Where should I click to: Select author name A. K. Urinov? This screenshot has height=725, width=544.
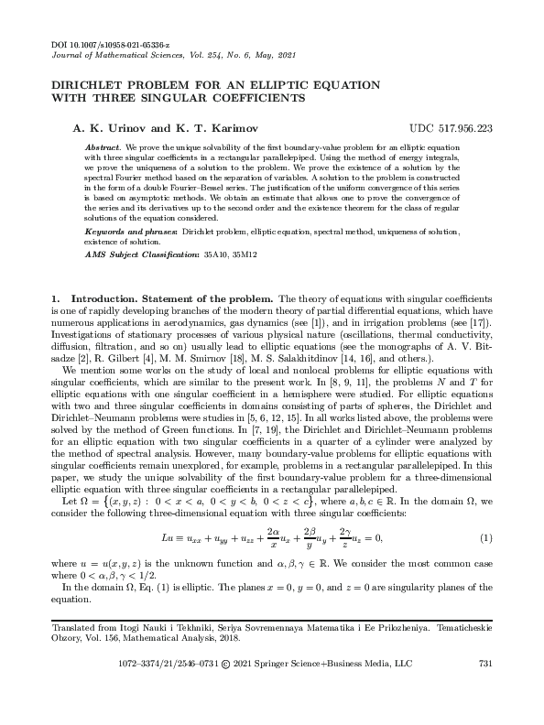[103, 127]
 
